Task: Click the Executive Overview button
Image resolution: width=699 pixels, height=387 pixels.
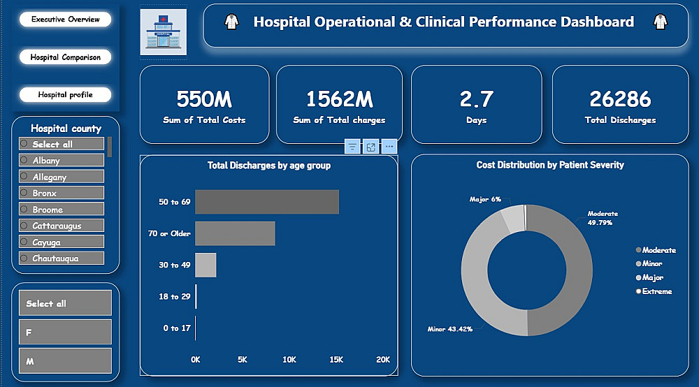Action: (65, 20)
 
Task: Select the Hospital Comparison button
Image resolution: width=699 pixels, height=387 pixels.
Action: (65, 57)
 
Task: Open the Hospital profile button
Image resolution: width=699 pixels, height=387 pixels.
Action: (65, 94)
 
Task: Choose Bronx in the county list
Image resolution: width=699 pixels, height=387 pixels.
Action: (62, 193)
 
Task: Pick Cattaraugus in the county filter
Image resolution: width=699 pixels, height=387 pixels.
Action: (62, 226)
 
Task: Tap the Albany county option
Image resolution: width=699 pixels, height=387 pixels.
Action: (62, 161)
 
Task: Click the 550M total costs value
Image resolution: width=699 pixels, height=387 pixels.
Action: (204, 99)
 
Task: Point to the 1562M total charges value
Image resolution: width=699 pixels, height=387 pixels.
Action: (339, 99)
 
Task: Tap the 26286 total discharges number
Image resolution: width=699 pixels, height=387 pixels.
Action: (620, 99)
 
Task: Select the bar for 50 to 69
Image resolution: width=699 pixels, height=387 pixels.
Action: (267, 202)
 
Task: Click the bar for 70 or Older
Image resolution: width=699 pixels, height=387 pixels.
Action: (235, 233)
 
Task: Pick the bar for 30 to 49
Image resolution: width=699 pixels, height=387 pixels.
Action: (206, 265)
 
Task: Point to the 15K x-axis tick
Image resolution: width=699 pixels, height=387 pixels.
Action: (336, 360)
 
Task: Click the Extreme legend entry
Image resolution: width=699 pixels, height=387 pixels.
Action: (656, 291)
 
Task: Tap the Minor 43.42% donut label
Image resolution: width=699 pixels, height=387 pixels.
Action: (450, 328)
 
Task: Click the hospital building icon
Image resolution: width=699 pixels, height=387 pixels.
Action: (163, 32)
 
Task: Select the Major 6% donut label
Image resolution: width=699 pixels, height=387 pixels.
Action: (485, 200)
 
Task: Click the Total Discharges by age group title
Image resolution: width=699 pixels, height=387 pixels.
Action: (269, 166)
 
